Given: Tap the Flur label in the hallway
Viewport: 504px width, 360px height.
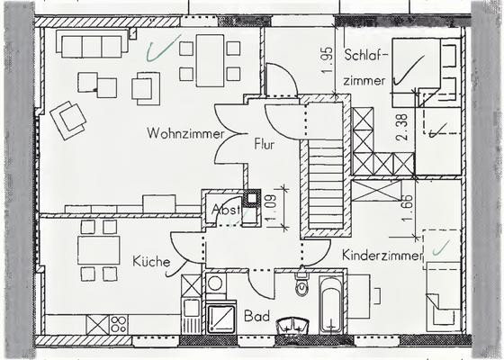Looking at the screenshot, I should (264, 143).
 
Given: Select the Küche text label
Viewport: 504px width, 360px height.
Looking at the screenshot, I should (152, 262).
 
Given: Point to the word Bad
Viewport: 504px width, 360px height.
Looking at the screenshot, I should (256, 317).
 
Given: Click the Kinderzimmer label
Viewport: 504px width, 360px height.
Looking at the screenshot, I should (382, 256).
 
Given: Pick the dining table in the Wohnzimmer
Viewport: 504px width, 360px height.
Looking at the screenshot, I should (210, 60).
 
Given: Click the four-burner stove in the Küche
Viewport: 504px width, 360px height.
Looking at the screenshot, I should (108, 322).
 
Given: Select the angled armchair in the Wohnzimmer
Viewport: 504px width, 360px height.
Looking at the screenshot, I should (69, 118).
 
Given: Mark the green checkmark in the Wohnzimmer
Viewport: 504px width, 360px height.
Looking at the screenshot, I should (165, 47).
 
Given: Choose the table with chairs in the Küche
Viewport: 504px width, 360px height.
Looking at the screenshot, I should (98, 249).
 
